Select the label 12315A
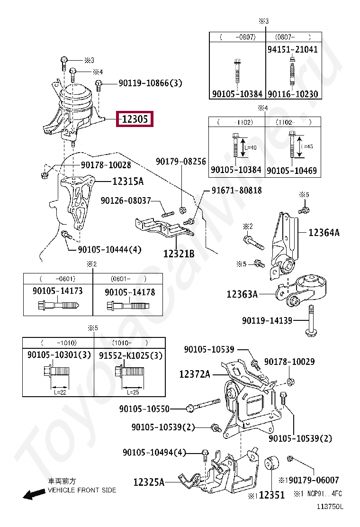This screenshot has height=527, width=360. pyautogui.click(x=127, y=181)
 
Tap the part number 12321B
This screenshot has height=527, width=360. pyautogui.click(x=179, y=254)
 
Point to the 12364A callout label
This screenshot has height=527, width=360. pyautogui.click(x=324, y=233)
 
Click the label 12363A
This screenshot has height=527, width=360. pyautogui.click(x=242, y=294)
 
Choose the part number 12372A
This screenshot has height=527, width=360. pyautogui.click(x=195, y=374)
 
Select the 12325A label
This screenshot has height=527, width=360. pyautogui.click(x=149, y=482)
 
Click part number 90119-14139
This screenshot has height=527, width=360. pyautogui.click(x=267, y=321)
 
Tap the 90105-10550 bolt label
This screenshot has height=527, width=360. pyautogui.click(x=144, y=408)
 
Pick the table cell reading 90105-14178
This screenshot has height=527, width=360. pyautogui.click(x=130, y=293)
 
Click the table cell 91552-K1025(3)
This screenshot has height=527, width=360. pyautogui.click(x=130, y=355)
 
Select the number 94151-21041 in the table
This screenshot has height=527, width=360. pyautogui.click(x=292, y=49)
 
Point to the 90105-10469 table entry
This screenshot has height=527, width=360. pyautogui.click(x=292, y=170)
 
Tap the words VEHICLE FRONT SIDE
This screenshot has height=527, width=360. pyautogui.click(x=81, y=490)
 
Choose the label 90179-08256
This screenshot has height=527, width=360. pyautogui.click(x=181, y=162)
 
